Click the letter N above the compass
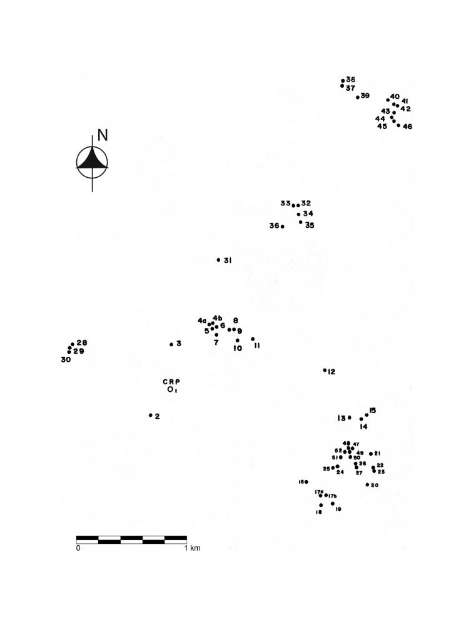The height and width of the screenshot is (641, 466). [x=103, y=135]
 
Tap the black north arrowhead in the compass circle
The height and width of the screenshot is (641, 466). [x=93, y=158]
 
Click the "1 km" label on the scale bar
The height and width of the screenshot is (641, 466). [x=192, y=548]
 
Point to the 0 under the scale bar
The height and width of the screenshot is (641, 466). [x=79, y=548]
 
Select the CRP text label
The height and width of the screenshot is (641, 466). [x=171, y=381]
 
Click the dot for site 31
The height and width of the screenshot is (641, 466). [x=218, y=260]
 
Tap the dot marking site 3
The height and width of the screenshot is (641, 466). [x=171, y=344]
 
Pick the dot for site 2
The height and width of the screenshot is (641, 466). [x=151, y=415]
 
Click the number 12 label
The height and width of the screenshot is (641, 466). [x=332, y=372]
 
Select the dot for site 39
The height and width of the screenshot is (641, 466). [x=357, y=97]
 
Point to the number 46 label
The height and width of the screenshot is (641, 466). [x=408, y=126]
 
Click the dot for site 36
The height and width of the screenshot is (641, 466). [x=283, y=226]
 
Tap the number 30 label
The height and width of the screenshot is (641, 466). [x=66, y=360]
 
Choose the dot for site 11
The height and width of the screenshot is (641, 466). [x=253, y=339]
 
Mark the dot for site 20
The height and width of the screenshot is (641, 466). [x=367, y=485]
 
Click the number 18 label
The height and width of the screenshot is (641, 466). [x=319, y=512]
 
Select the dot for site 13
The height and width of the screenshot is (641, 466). [x=350, y=418]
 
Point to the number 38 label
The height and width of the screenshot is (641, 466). [x=351, y=79]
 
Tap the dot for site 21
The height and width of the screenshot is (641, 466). [x=371, y=454]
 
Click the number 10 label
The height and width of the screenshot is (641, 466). [x=238, y=349]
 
